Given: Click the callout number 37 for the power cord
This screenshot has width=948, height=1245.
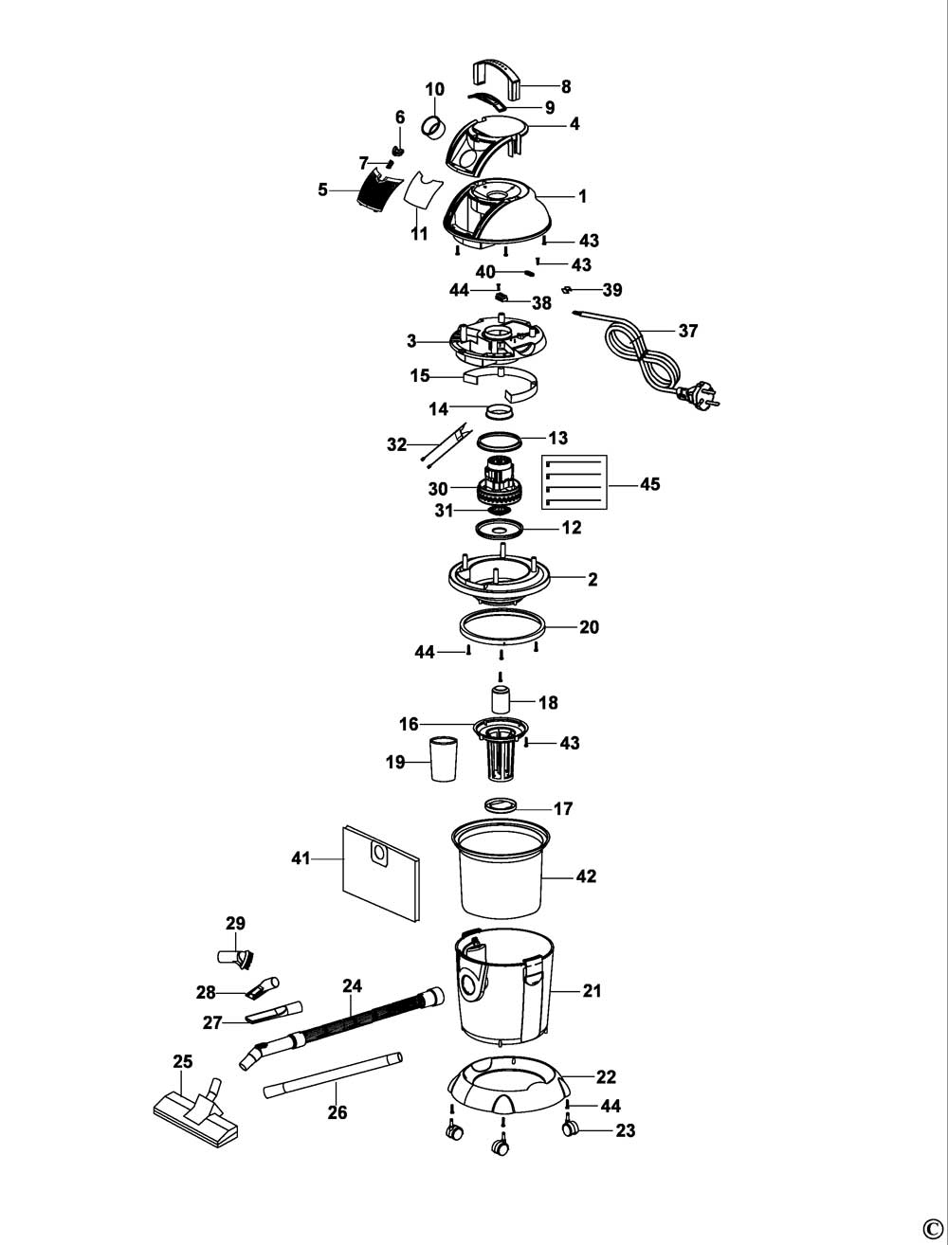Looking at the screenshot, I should [x=687, y=331].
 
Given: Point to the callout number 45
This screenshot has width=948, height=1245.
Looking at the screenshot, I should [x=649, y=484].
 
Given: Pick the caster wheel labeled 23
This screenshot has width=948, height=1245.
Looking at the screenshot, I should [x=569, y=1128].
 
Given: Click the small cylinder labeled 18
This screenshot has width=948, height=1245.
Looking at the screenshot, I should [x=501, y=702].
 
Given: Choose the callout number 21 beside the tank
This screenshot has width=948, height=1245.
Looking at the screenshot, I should [x=592, y=991].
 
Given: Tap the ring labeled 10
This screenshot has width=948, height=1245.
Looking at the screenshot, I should [x=434, y=127].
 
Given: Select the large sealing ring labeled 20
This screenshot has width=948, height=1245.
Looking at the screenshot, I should [x=501, y=627].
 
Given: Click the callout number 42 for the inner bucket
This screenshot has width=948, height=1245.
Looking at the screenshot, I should [x=586, y=876].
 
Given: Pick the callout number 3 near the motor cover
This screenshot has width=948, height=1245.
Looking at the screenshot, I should [x=410, y=340].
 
